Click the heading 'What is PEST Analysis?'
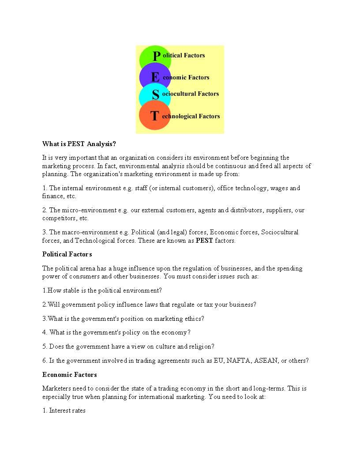(79, 144)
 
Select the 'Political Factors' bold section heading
(67, 254)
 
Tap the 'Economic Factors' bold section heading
(69, 375)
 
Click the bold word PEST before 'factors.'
(204, 241)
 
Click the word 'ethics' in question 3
(194, 319)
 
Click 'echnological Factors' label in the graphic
(191, 116)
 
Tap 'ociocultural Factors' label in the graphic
(190, 94)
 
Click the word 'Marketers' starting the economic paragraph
(56, 389)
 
